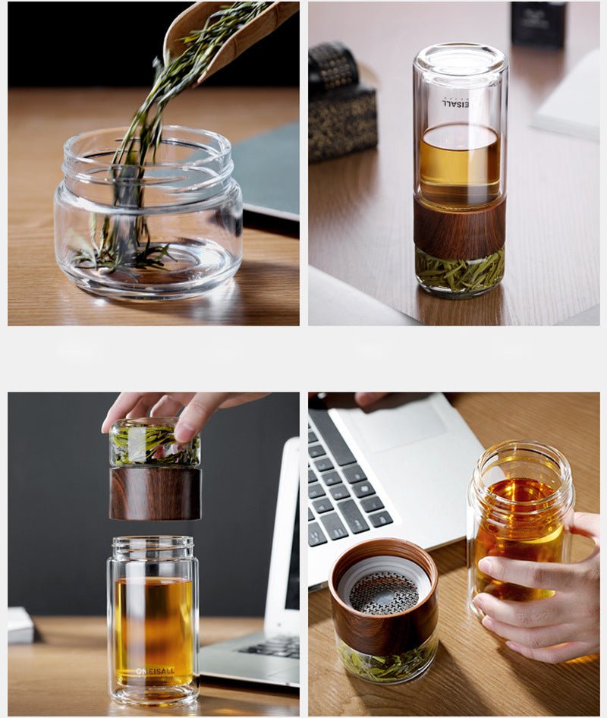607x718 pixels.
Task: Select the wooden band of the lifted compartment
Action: [155, 493]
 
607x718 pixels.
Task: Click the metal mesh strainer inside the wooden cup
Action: [383, 592]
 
